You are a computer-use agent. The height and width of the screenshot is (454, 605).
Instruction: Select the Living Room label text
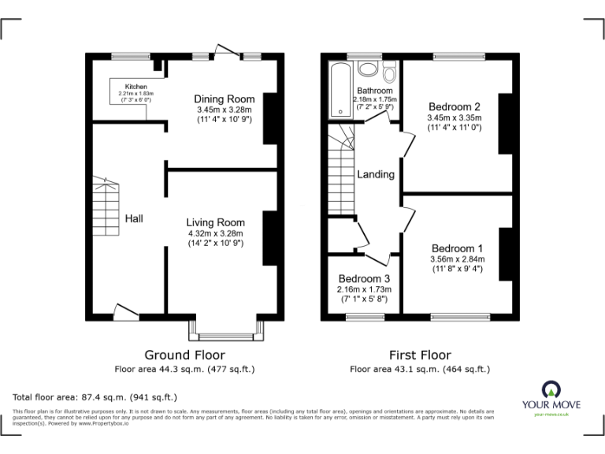pyautogui.click(x=216, y=222)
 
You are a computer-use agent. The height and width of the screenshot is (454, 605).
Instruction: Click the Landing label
pyautogui.click(x=376, y=174)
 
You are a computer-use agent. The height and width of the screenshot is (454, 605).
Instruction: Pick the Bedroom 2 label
pyautogui.click(x=455, y=106)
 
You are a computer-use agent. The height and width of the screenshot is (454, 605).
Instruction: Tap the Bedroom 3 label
pyautogui.click(x=364, y=279)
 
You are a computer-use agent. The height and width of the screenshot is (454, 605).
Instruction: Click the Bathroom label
pyautogui.click(x=375, y=91)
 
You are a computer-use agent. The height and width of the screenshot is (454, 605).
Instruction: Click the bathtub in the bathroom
pyautogui.click(x=340, y=90)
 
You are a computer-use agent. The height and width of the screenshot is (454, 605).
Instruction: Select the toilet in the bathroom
pyautogui.click(x=388, y=74)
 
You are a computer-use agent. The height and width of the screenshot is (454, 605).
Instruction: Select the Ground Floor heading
pyautogui.click(x=185, y=355)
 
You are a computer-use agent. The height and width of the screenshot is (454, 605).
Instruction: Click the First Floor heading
pyautogui.click(x=420, y=355)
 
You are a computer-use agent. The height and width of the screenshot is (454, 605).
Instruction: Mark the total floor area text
pyautogui.click(x=95, y=397)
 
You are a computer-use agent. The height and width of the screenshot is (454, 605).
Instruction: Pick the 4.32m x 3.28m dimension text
pyautogui.click(x=216, y=233)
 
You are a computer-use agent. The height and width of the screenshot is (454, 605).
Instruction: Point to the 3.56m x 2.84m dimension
pyautogui.click(x=457, y=259)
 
